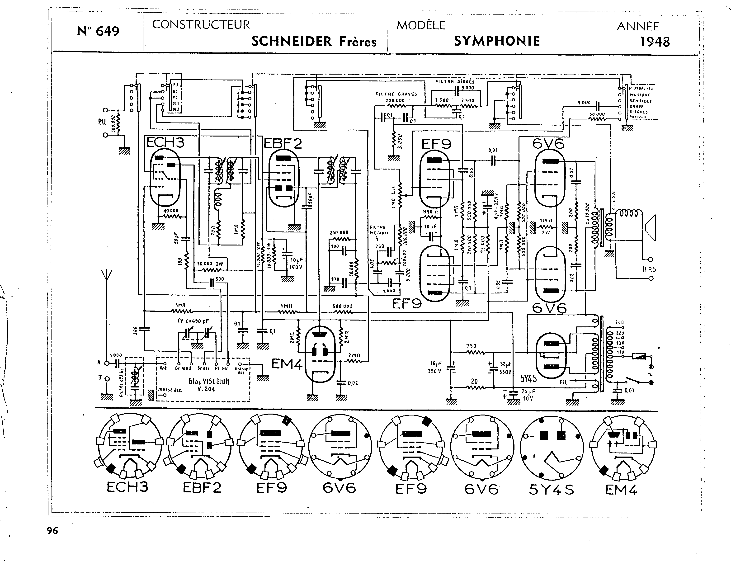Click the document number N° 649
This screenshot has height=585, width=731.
(98, 31)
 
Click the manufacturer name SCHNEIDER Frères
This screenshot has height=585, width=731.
(314, 41)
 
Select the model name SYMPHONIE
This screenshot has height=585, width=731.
(497, 41)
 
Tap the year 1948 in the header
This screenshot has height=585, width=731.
(654, 42)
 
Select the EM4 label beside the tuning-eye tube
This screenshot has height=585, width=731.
(287, 364)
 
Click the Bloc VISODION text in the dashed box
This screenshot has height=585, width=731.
(208, 381)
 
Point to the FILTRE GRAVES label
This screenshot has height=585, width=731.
(396, 94)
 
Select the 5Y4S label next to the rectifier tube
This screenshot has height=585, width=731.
(528, 378)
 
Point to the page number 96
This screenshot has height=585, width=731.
(52, 530)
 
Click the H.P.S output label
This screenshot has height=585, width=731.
(649, 269)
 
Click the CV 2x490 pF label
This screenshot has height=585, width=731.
(193, 321)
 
